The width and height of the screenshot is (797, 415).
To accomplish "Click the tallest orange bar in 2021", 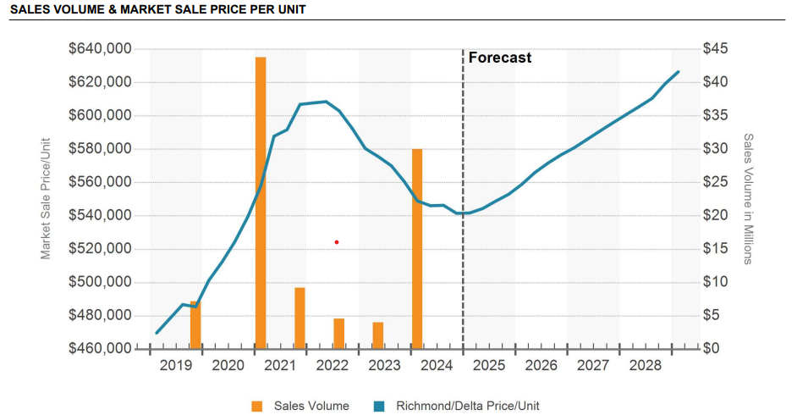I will click(261, 203).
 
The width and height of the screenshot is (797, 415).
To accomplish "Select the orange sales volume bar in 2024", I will click(417, 249).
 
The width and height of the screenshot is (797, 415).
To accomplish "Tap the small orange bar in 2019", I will click(195, 325).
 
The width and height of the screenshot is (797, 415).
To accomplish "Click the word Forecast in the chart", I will click(500, 58).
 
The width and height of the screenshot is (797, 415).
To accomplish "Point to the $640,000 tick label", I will click(100, 49).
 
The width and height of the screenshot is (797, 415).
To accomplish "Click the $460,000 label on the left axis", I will click(100, 349).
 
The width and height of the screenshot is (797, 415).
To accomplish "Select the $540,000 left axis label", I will click(100, 216).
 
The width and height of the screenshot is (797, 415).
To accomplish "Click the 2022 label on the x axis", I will click(333, 366).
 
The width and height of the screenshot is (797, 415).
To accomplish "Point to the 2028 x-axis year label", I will click(646, 366).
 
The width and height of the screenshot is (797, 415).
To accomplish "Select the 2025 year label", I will click(489, 366).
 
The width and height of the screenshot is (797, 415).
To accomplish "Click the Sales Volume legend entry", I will click(300, 406).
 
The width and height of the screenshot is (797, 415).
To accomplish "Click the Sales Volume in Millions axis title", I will click(748, 198).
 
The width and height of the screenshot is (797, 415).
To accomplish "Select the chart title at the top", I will click(158, 9).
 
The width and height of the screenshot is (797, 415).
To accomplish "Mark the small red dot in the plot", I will click(337, 242).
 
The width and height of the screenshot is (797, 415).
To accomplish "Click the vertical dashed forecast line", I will click(463, 254).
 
